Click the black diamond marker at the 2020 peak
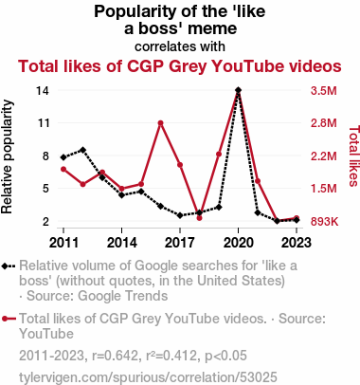tap(238, 90)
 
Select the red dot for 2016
tap(160, 123)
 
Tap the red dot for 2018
tap(199, 218)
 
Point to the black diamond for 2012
tap(82, 150)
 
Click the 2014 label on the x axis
tap(122, 243)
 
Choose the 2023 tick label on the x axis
tap(296, 243)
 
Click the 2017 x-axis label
tap(180, 243)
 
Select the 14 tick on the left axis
tap(43, 91)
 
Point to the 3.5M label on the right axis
tap(324, 91)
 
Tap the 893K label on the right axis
tap(324, 222)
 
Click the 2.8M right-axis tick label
tap(324, 123)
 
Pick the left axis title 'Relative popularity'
tap(7, 156)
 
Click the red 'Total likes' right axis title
tap(353, 156)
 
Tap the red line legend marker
tap(9, 319)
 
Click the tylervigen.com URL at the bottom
tap(148, 377)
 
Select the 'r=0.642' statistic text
tap(115, 356)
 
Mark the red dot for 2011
tap(63, 170)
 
